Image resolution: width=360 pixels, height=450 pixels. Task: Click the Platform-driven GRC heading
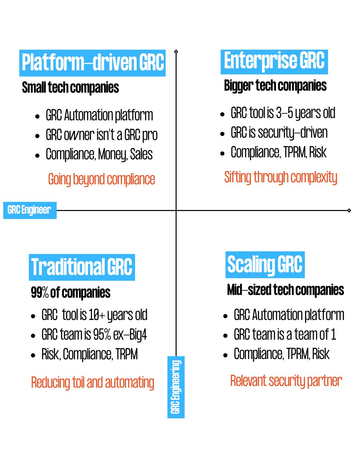click(x=92, y=63)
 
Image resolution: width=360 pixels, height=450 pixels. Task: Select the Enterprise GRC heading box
click(x=274, y=62)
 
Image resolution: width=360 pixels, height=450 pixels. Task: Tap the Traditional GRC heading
click(x=82, y=267)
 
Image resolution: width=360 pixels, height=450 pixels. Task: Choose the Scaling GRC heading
click(x=265, y=265)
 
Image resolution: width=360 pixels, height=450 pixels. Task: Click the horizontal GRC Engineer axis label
click(x=30, y=210)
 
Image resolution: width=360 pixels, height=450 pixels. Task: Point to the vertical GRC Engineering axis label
click(x=176, y=387)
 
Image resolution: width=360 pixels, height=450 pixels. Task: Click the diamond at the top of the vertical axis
click(x=176, y=51)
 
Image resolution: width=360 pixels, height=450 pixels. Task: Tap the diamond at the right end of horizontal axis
click(x=349, y=210)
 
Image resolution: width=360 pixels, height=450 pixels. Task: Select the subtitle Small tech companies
click(x=70, y=87)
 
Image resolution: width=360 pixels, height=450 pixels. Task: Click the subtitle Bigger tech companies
click(x=275, y=86)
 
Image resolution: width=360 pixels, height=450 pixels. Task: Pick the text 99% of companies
click(x=70, y=292)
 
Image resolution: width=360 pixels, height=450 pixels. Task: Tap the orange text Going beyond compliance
click(x=101, y=179)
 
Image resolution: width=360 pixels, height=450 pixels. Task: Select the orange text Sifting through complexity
click(x=281, y=177)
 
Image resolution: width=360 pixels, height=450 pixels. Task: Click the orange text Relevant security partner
click(x=286, y=381)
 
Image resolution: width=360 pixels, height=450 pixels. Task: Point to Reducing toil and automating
click(x=92, y=382)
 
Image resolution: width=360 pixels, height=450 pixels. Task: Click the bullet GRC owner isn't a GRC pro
click(x=101, y=135)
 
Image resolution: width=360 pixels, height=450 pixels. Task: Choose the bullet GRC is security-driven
click(x=279, y=133)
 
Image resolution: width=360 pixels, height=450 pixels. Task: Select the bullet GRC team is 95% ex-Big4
click(x=94, y=334)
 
